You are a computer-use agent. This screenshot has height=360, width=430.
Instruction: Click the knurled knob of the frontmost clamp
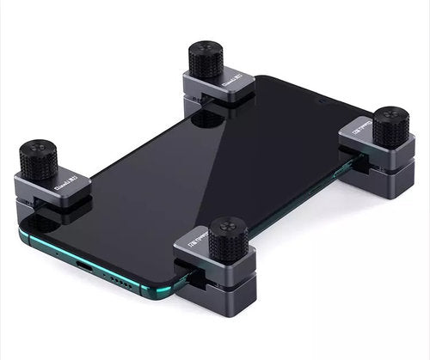pos(229,239)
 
